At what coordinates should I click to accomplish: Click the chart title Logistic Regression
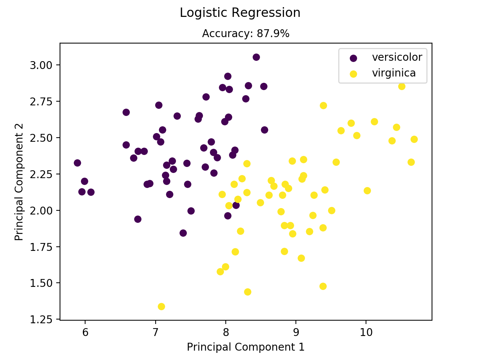(x=240, y=13)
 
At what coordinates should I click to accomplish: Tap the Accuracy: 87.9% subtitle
(x=246, y=34)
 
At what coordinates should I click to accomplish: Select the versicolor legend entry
(x=397, y=57)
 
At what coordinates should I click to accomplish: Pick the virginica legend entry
(x=394, y=73)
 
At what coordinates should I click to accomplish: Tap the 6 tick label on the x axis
(x=85, y=331)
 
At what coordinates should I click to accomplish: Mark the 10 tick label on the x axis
(x=366, y=331)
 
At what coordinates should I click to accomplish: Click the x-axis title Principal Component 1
(x=246, y=347)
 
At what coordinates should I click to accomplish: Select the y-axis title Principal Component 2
(x=19, y=182)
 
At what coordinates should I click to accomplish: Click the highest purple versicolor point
(x=256, y=57)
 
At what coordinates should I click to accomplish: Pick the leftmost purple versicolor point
(x=77, y=163)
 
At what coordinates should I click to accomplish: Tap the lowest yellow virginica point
(x=161, y=306)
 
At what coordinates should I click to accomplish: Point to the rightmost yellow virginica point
(x=414, y=139)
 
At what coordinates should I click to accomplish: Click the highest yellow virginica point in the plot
(x=402, y=86)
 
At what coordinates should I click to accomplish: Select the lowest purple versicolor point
(x=183, y=233)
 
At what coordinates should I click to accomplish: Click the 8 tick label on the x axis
(x=226, y=331)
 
